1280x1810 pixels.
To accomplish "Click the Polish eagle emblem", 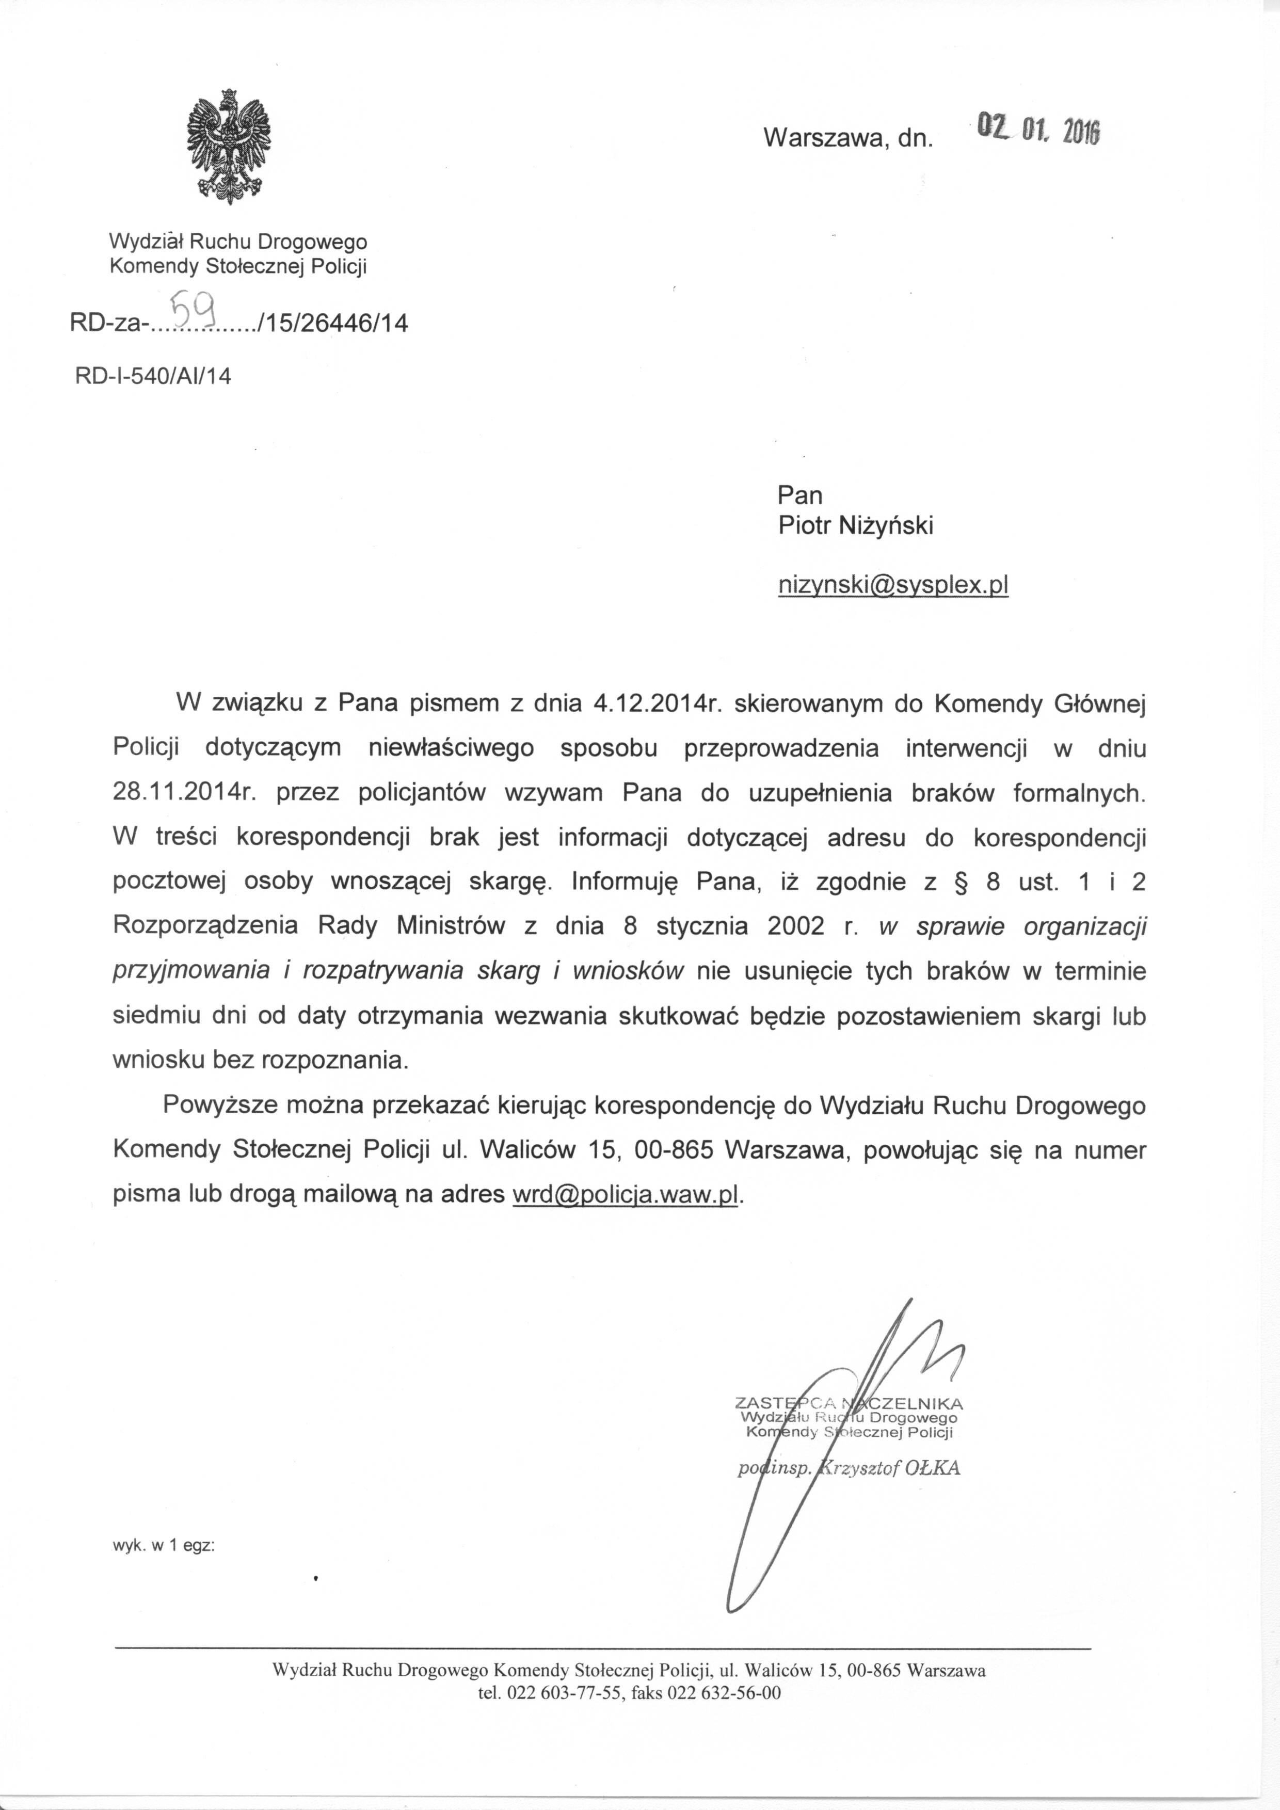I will tap(229, 147).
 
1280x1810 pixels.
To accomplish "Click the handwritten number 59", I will tap(195, 308).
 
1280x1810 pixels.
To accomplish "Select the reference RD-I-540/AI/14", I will tap(153, 376).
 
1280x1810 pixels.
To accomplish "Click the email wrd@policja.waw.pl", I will tap(627, 1194).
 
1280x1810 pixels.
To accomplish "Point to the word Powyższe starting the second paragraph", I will tap(210, 1105).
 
